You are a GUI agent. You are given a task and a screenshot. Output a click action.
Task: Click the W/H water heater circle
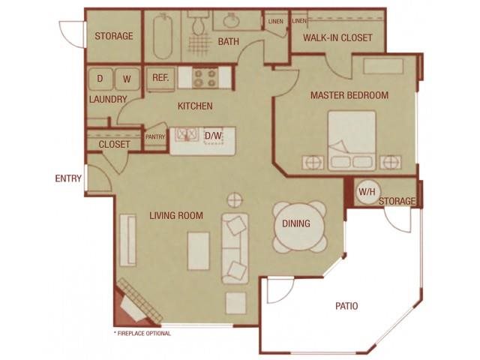[x=367, y=191]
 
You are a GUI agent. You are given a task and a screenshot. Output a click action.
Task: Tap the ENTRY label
[x=68, y=178]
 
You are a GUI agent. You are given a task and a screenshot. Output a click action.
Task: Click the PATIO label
[x=346, y=306]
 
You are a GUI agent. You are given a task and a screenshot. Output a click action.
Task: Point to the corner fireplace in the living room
[x=135, y=304]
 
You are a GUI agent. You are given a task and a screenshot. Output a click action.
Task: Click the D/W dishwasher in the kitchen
[x=214, y=136]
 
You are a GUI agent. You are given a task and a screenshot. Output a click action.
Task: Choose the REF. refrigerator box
[x=160, y=78]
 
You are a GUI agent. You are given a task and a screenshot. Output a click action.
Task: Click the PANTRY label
[x=154, y=136]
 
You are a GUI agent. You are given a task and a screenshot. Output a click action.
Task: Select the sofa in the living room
[x=235, y=247]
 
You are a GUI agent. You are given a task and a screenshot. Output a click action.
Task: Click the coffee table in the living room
[x=199, y=249]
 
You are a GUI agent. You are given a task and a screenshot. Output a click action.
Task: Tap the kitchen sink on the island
[x=185, y=136]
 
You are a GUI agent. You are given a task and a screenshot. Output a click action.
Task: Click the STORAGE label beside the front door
[x=114, y=35]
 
